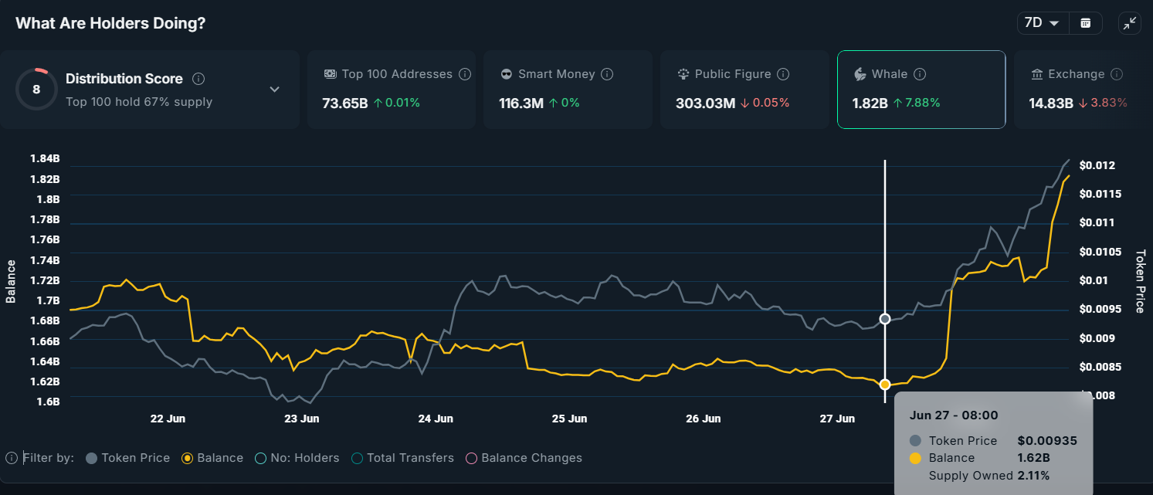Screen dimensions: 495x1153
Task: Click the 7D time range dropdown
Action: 1042,23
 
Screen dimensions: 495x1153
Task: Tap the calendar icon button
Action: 1085,23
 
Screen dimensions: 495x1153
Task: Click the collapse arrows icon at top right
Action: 1129,23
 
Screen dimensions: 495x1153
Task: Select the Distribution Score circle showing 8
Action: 36,90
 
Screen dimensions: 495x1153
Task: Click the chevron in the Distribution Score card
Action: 274,90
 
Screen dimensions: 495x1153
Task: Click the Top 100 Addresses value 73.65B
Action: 344,103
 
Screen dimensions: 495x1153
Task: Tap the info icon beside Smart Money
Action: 607,74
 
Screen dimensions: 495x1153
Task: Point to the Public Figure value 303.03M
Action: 705,103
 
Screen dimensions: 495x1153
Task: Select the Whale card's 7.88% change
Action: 917,103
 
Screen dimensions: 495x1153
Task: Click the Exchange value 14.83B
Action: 1050,103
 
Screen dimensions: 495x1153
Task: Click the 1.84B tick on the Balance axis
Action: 45,159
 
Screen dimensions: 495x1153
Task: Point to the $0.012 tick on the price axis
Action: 1097,165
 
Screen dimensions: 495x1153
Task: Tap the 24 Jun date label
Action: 436,419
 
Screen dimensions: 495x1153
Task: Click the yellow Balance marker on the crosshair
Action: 885,384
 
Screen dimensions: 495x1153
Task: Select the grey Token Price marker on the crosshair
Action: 885,319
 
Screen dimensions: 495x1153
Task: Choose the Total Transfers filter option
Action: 402,458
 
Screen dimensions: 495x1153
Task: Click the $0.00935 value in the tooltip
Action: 1046,441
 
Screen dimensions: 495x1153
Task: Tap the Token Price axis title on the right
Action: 1140,281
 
